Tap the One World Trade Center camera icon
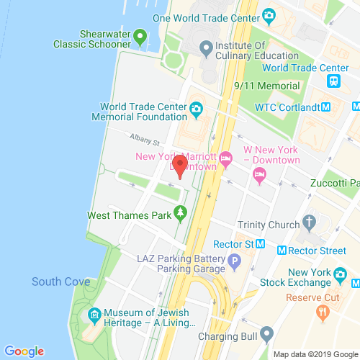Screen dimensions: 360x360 pyautogui.click(x=269, y=15)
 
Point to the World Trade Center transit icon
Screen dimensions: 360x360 pyautogui.click(x=333, y=81)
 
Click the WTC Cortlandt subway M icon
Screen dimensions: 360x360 pyautogui.click(x=325, y=107)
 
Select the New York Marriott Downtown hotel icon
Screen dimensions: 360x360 pyautogui.click(x=225, y=156)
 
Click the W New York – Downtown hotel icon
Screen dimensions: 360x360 pyautogui.click(x=260, y=174)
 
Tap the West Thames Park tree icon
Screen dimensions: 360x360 pyautogui.click(x=179, y=214)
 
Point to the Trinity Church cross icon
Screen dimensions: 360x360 pyautogui.click(x=310, y=221)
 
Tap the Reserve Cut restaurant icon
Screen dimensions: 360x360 pyautogui.click(x=323, y=311)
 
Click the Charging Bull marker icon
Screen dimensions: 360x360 pyautogui.click(x=267, y=333)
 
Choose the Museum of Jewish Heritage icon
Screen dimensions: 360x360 pyautogui.click(x=94, y=314)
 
